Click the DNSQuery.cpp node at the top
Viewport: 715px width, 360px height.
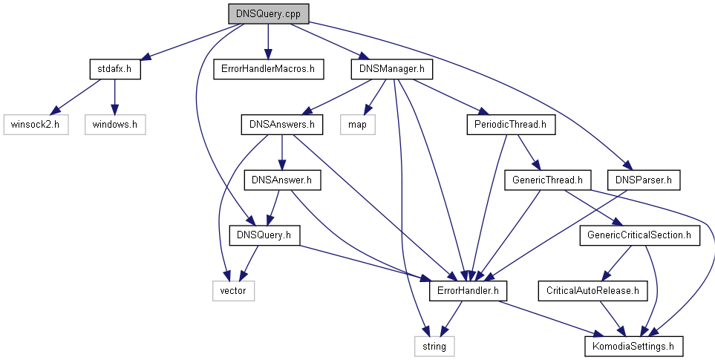[x=268, y=13]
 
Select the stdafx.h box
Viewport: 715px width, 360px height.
[x=114, y=69]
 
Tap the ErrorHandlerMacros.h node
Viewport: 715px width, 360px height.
[x=268, y=69]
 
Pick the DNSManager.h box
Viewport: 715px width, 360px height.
[x=391, y=69]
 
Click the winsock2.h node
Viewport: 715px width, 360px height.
[x=35, y=124]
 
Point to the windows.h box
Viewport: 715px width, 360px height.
[x=115, y=124]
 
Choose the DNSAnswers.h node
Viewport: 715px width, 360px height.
[x=281, y=124]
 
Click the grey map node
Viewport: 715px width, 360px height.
[x=357, y=124]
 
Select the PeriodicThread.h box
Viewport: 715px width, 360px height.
[x=510, y=124]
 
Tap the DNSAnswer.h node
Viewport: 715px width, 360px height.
[x=281, y=180]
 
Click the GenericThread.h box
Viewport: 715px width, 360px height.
[x=547, y=180]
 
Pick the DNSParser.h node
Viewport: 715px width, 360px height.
[x=644, y=180]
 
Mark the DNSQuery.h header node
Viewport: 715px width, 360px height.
[x=264, y=235]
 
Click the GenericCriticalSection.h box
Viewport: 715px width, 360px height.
[x=639, y=235]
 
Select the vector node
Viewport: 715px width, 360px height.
[x=232, y=290]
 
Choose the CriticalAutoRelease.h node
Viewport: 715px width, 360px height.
[x=592, y=290]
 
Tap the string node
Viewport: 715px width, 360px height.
[x=434, y=346]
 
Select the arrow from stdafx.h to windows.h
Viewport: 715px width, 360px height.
[x=114, y=96]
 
